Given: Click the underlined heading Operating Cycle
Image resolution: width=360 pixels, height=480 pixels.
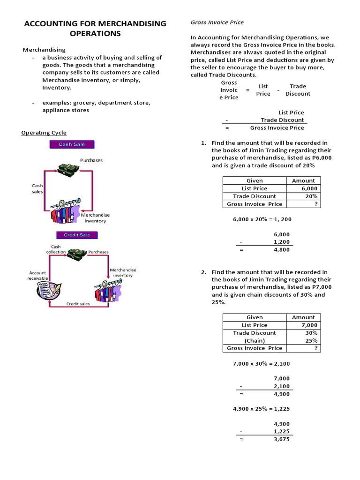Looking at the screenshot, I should tap(44, 133).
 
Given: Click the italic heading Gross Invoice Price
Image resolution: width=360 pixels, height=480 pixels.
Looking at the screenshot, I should tap(217, 22).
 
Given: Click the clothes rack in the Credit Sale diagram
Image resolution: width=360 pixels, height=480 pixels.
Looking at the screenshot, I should tap(108, 290).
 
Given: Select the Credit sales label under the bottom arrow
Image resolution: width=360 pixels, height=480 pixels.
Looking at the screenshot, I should tap(78, 304).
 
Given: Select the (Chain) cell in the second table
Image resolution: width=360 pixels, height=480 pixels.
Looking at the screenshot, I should tap(254, 340).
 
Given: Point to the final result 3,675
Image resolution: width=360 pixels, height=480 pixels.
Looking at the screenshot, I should tap(281, 440).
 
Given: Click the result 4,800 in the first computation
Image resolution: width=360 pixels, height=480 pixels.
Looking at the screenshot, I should tap(281, 250).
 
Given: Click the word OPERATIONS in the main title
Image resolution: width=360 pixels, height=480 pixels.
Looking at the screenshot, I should tap(95, 33).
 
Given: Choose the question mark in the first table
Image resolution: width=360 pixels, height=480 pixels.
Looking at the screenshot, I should tap(316, 204).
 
